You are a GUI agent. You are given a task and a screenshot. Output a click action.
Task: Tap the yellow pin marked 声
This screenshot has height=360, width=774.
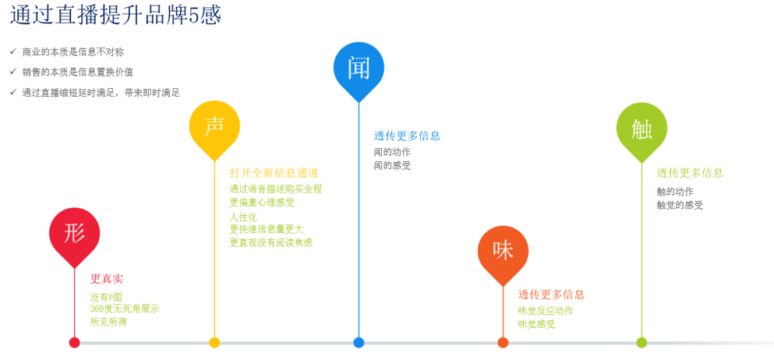214,127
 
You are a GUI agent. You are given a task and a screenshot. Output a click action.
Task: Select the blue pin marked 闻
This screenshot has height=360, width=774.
359,69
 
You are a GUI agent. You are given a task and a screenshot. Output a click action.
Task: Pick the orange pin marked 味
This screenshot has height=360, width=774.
503,252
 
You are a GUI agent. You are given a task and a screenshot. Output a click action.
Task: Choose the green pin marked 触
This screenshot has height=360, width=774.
641,129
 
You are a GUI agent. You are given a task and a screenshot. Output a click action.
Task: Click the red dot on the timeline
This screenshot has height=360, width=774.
75,342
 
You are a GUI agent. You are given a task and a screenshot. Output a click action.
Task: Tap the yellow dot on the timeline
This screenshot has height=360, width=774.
214,342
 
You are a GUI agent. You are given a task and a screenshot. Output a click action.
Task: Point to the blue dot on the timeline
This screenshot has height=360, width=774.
359,342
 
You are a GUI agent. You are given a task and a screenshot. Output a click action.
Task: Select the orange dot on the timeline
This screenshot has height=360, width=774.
503,342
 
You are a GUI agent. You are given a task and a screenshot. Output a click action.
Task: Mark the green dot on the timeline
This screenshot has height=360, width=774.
641,342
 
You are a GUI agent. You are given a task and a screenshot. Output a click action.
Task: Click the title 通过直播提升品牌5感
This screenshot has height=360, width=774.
115,16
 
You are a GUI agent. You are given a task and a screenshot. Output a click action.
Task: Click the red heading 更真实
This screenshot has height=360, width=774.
107,279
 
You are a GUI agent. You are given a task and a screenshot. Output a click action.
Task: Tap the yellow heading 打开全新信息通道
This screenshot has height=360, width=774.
274,173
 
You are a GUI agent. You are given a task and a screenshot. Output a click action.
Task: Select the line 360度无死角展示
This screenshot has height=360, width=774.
125,309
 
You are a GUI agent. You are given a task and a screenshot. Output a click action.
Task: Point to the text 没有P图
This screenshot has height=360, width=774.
106,298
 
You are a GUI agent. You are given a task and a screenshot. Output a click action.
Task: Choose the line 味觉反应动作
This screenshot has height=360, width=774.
546,311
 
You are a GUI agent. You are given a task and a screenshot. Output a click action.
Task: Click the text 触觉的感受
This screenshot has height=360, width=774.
680,205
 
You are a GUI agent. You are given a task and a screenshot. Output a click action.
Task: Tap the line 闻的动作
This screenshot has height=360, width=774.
392,152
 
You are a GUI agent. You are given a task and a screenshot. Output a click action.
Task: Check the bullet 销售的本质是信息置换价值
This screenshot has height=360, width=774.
77,72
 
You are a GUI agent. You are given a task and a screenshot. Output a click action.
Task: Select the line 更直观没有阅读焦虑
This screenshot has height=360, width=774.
271,242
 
